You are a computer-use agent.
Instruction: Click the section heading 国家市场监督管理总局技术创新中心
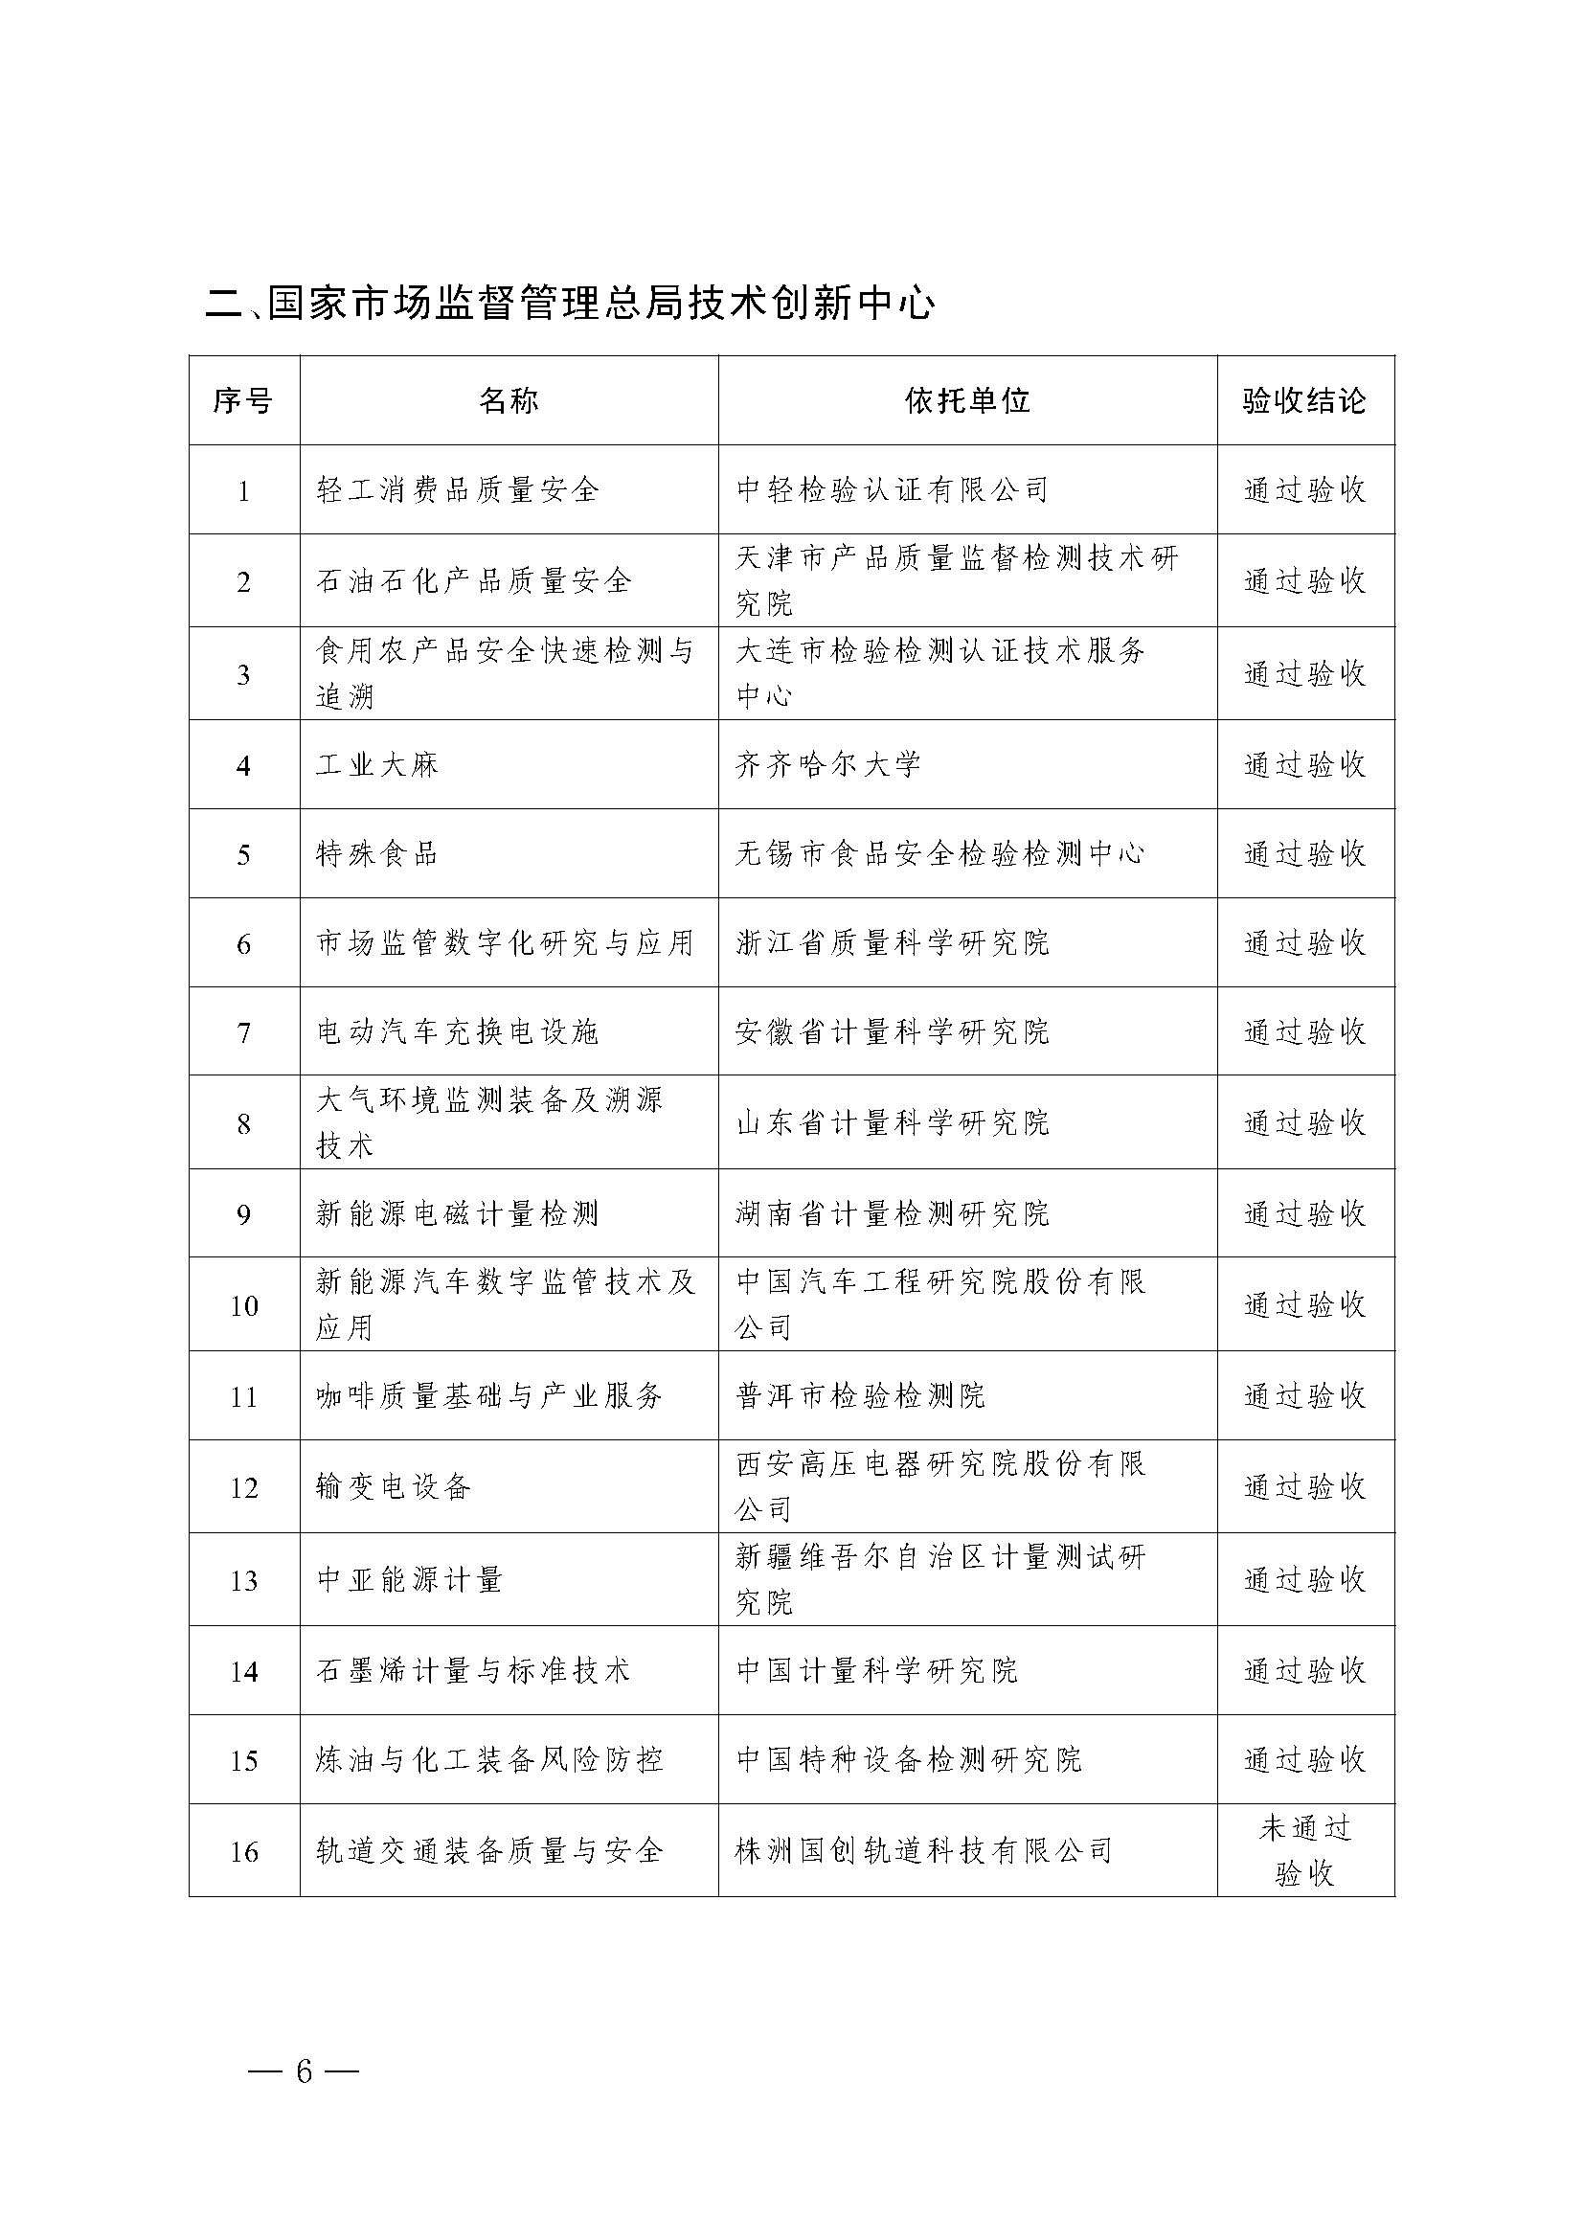tap(571, 304)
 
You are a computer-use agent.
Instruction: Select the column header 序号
tap(243, 401)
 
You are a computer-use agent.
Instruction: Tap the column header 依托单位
tap(966, 401)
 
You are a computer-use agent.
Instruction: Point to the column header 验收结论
tap(1304, 401)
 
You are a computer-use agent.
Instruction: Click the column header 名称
tap(509, 401)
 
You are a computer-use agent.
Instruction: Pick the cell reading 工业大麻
tap(377, 765)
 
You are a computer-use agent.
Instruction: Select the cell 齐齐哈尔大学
tap(828, 765)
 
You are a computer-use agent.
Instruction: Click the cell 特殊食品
tap(377, 854)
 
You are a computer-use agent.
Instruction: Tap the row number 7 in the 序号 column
tap(243, 1033)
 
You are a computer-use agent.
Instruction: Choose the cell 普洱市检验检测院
tap(860, 1396)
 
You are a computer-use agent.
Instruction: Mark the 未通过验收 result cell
tap(1304, 1851)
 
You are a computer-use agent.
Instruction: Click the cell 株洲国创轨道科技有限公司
tap(923, 1851)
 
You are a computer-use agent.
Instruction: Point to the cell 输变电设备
tap(394, 1487)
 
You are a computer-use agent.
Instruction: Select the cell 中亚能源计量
tap(410, 1579)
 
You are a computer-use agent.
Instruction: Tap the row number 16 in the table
tap(243, 1852)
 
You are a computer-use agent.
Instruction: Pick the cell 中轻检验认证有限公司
tap(892, 489)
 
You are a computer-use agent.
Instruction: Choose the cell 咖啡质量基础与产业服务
tap(489, 1396)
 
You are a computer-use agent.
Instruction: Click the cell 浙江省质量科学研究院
tap(893, 943)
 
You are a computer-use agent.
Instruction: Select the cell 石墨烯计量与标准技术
tap(474, 1671)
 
